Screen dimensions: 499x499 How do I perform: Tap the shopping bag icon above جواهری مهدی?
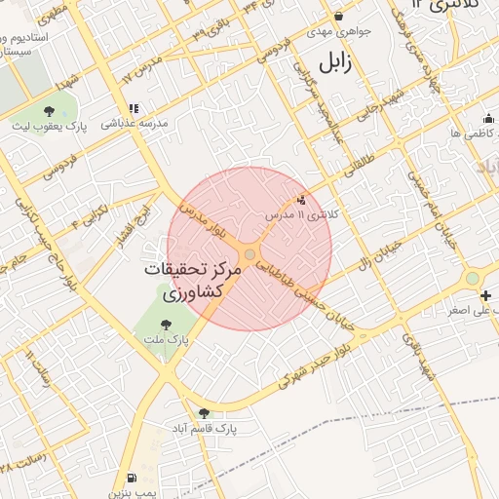pyautogui.click(x=338, y=16)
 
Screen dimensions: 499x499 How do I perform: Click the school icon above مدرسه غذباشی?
pyautogui.click(x=133, y=108)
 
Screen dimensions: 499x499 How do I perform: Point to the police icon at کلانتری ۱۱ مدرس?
pyautogui.click(x=299, y=199)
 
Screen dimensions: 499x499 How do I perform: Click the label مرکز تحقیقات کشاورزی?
pyautogui.click(x=191, y=280)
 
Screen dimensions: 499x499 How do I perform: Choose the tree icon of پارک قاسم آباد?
pyautogui.click(x=203, y=413)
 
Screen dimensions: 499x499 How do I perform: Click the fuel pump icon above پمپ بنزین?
pyautogui.click(x=132, y=478)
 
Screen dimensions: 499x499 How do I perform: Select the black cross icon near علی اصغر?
pyautogui.click(x=486, y=295)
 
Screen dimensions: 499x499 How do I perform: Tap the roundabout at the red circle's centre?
pyautogui.click(x=250, y=254)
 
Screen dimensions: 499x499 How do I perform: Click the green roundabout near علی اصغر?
pyautogui.click(x=473, y=279)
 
